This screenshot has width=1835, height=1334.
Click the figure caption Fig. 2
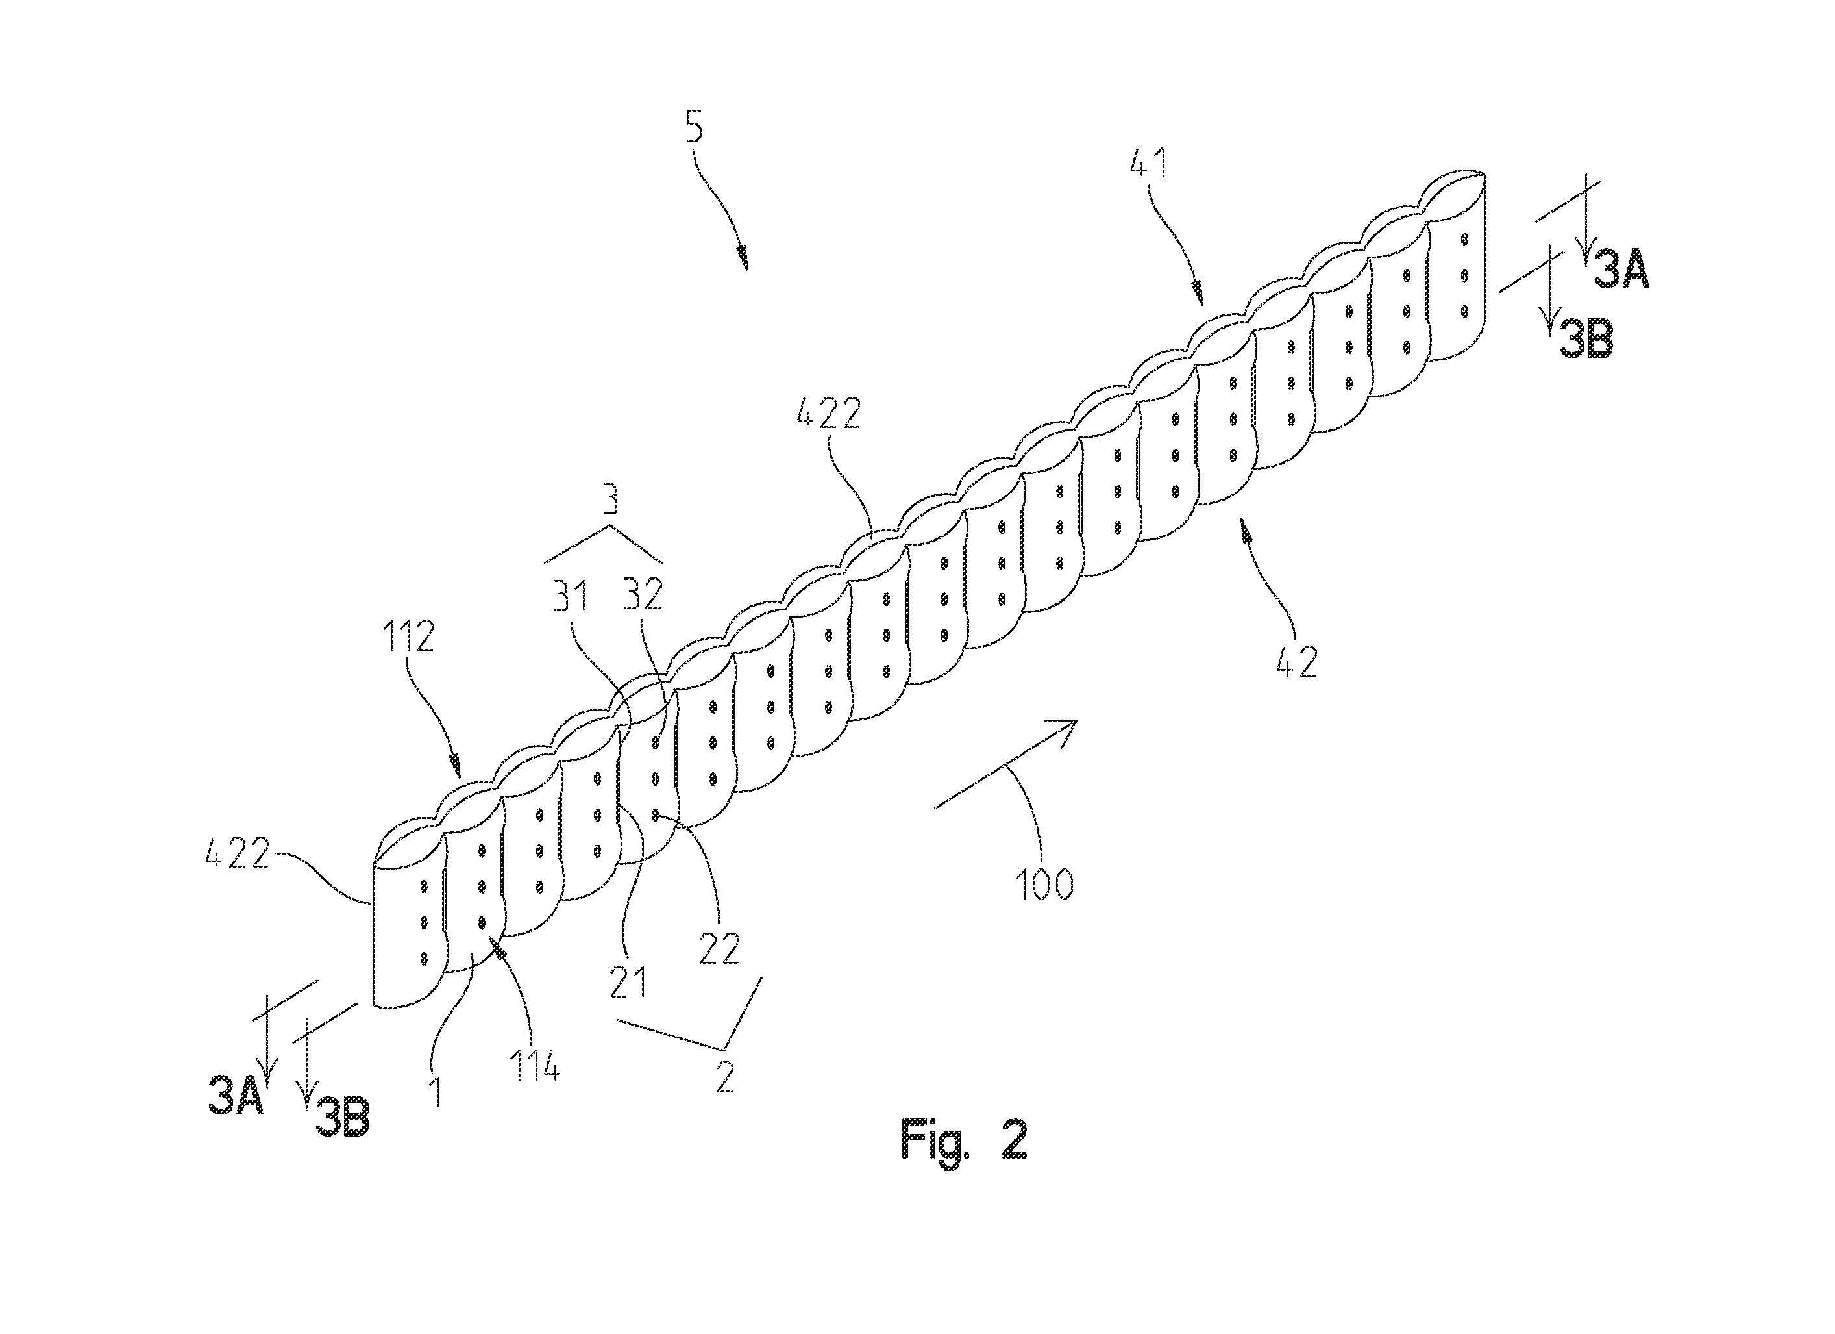964,1140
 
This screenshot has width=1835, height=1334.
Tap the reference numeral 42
1297,661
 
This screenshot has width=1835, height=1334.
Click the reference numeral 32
643,597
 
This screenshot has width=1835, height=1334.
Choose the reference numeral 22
719,948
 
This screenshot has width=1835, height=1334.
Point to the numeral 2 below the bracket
724,1078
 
